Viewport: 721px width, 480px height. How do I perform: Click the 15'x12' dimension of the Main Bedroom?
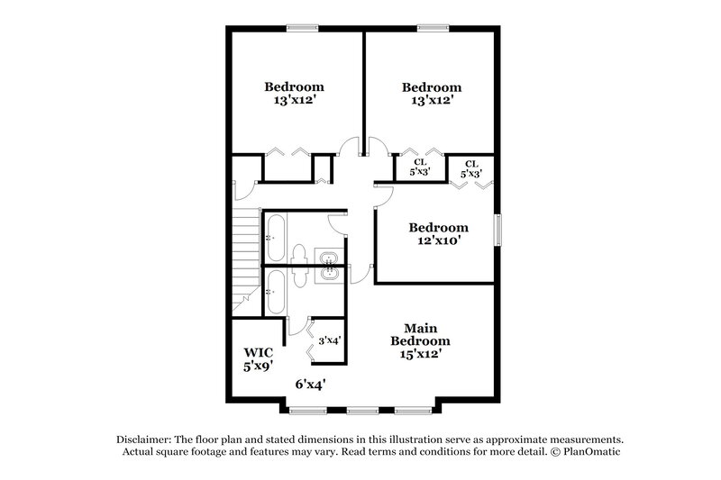[420, 355]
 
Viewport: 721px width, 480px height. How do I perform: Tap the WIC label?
[257, 352]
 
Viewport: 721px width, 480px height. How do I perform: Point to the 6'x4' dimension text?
[310, 384]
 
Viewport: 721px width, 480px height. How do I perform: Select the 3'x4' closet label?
[328, 340]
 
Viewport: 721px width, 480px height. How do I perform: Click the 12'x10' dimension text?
[438, 241]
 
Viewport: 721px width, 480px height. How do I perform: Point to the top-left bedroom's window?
[298, 28]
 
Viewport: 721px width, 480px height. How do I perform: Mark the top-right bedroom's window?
[432, 28]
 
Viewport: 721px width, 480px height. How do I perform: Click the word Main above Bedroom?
[420, 329]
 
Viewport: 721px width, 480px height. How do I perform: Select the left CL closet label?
[420, 163]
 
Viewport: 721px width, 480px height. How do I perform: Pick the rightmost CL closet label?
[470, 163]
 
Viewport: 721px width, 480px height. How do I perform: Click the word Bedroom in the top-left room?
[294, 87]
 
